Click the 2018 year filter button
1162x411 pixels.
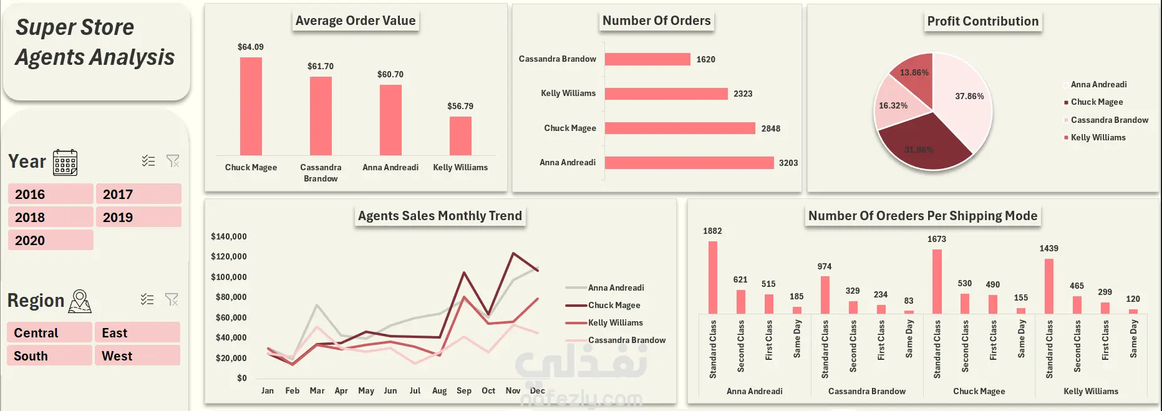point(51,217)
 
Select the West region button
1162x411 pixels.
point(138,355)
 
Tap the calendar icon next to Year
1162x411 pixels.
point(65,162)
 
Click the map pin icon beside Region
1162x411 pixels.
point(80,301)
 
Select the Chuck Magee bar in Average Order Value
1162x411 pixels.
point(251,106)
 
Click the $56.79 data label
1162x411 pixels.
point(460,106)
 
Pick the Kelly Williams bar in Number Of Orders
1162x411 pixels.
point(666,94)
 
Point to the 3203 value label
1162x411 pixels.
point(788,163)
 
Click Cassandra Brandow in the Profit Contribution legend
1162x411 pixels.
point(1110,120)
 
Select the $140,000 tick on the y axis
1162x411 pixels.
point(229,236)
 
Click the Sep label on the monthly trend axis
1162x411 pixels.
point(464,390)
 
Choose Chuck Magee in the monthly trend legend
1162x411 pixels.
point(614,305)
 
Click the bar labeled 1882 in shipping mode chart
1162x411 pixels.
point(713,278)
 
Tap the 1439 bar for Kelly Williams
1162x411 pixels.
point(1049,286)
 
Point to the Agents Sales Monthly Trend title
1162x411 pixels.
point(440,216)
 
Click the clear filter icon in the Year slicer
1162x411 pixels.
point(173,161)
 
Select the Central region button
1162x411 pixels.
point(50,332)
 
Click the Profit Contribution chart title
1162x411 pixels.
point(983,21)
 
